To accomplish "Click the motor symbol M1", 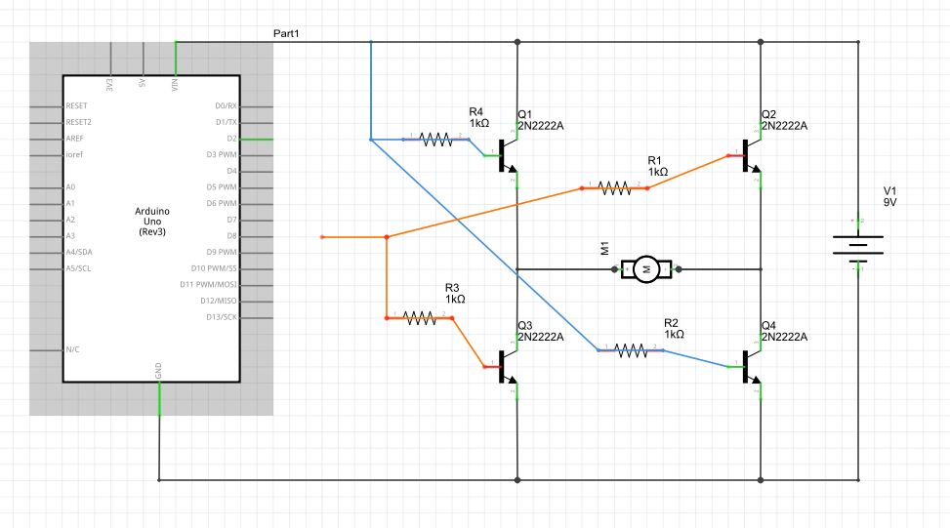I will (x=645, y=268).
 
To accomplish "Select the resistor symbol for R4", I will (x=436, y=140).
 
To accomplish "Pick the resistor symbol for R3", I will (x=420, y=317).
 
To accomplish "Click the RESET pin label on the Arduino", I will (x=77, y=105).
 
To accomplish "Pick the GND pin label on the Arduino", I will (x=159, y=371).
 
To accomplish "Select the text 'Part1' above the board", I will (x=286, y=34).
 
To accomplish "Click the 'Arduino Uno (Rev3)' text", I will (x=151, y=223).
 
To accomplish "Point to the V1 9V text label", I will (x=890, y=195).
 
